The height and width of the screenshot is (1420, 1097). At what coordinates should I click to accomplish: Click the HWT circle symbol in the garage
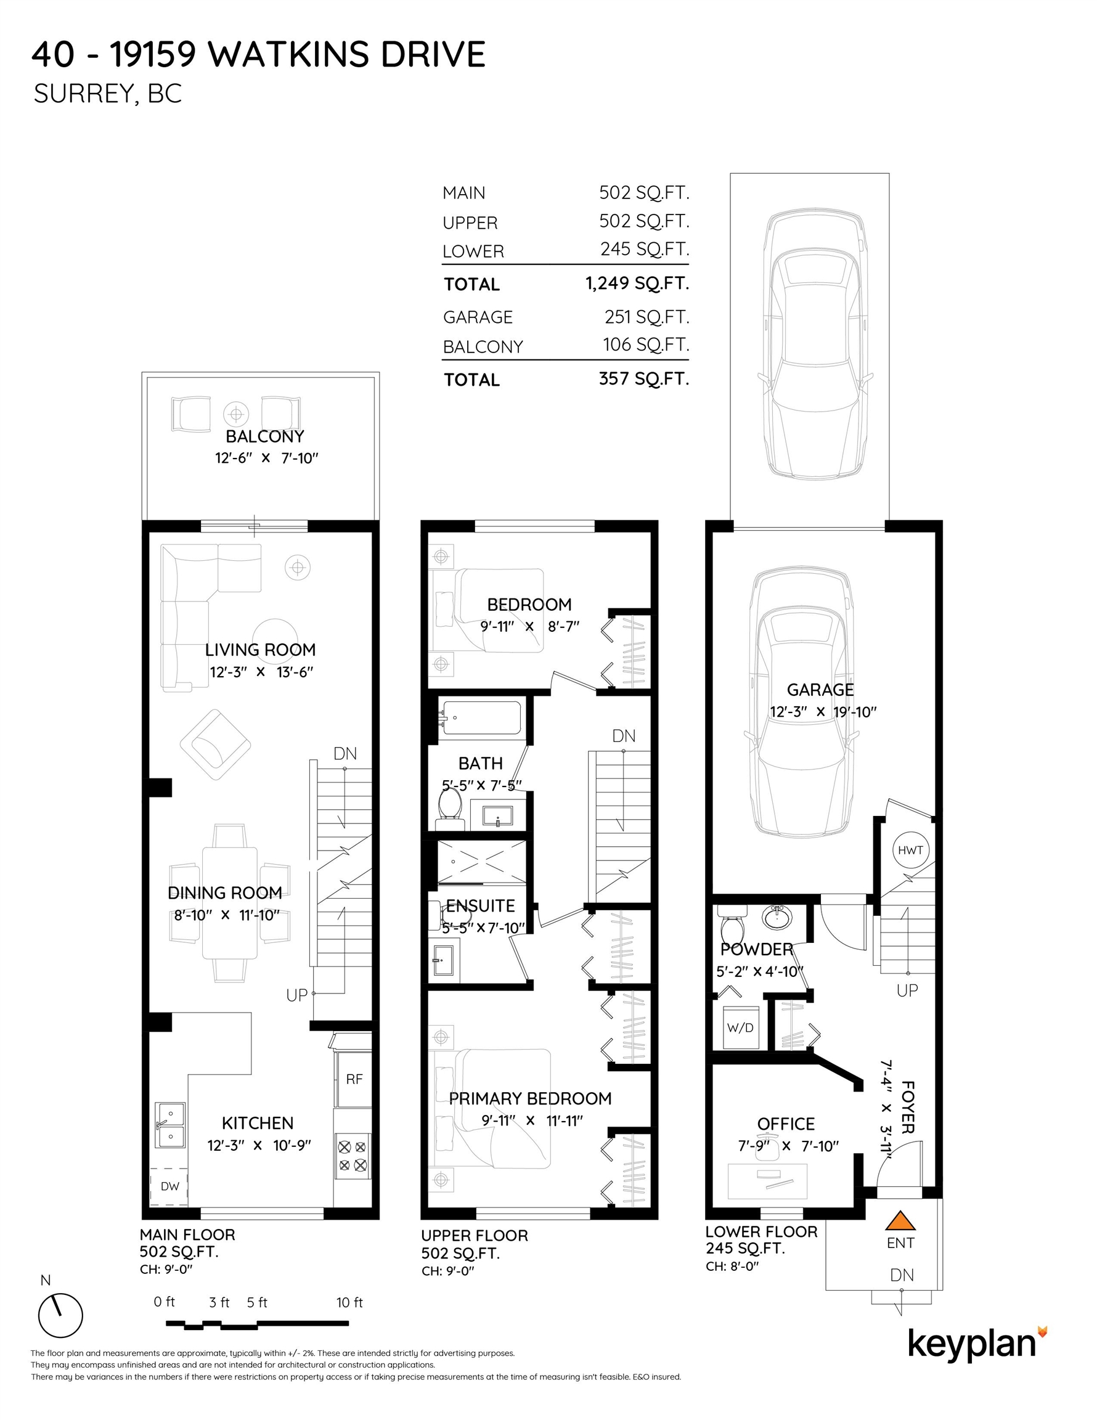pos(910,850)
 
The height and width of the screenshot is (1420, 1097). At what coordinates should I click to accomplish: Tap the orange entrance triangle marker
pos(900,1221)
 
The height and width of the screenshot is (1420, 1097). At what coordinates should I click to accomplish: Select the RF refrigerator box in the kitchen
pos(353,1079)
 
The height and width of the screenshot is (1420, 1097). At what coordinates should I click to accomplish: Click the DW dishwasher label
pos(169,1185)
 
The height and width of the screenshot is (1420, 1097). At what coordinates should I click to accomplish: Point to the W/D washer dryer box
pos(740,1027)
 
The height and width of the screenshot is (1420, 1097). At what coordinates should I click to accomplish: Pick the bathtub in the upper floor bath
pos(481,718)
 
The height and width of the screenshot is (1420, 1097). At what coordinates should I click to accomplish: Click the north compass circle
pos(60,1315)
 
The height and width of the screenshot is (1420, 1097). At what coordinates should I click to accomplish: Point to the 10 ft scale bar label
pos(349,1302)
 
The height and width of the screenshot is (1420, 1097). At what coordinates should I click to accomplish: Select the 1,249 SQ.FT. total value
pos(637,283)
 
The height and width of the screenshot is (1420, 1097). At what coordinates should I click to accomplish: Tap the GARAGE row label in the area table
pos(478,317)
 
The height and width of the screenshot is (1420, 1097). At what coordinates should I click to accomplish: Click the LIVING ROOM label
pos(260,650)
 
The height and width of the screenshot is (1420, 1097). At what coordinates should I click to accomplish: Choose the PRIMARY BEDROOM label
pos(530,1098)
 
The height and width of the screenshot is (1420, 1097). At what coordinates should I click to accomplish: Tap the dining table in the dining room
pos(229,902)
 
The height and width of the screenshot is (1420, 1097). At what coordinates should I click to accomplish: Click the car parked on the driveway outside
pos(815,345)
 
